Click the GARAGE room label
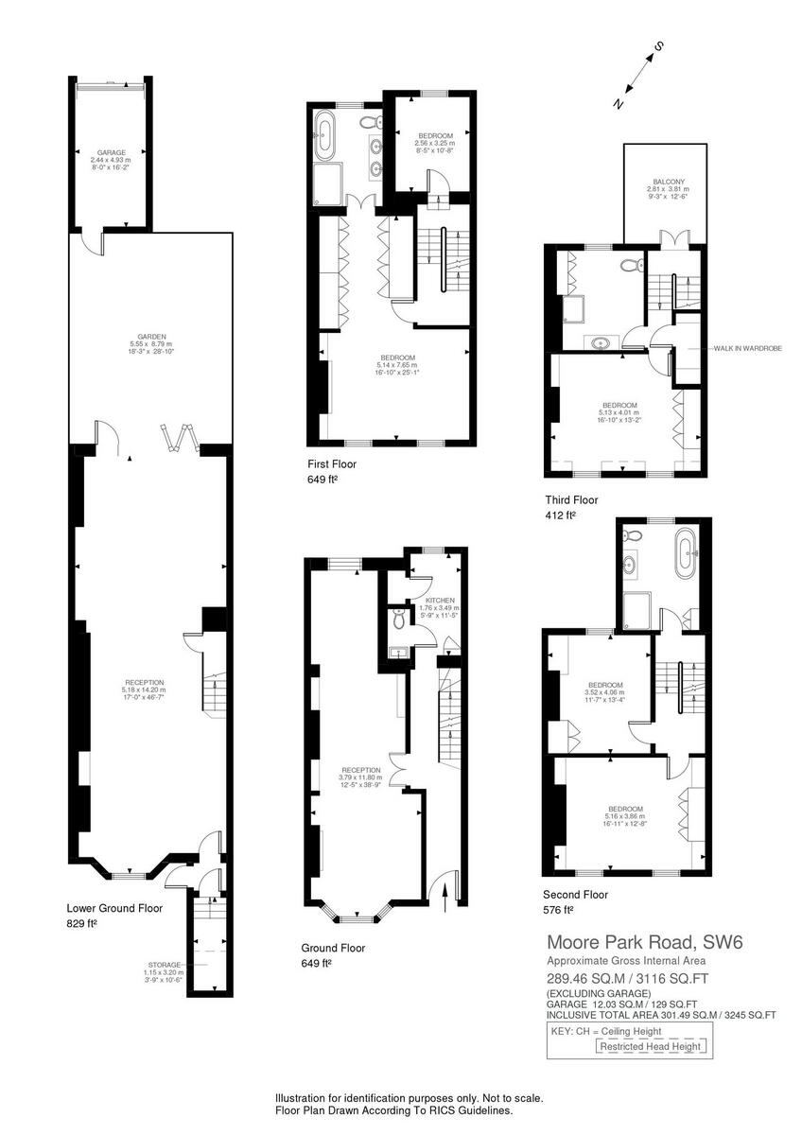pyautogui.click(x=112, y=152)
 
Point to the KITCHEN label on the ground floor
pyautogui.click(x=440, y=601)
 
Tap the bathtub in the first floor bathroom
pyautogui.click(x=325, y=137)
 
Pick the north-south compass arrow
pyautogui.click(x=638, y=74)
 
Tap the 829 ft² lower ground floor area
pyautogui.click(x=82, y=923)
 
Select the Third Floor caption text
pyautogui.click(x=571, y=500)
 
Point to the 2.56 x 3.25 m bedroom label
pyautogui.click(x=435, y=142)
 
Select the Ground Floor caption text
pyautogui.click(x=333, y=948)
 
